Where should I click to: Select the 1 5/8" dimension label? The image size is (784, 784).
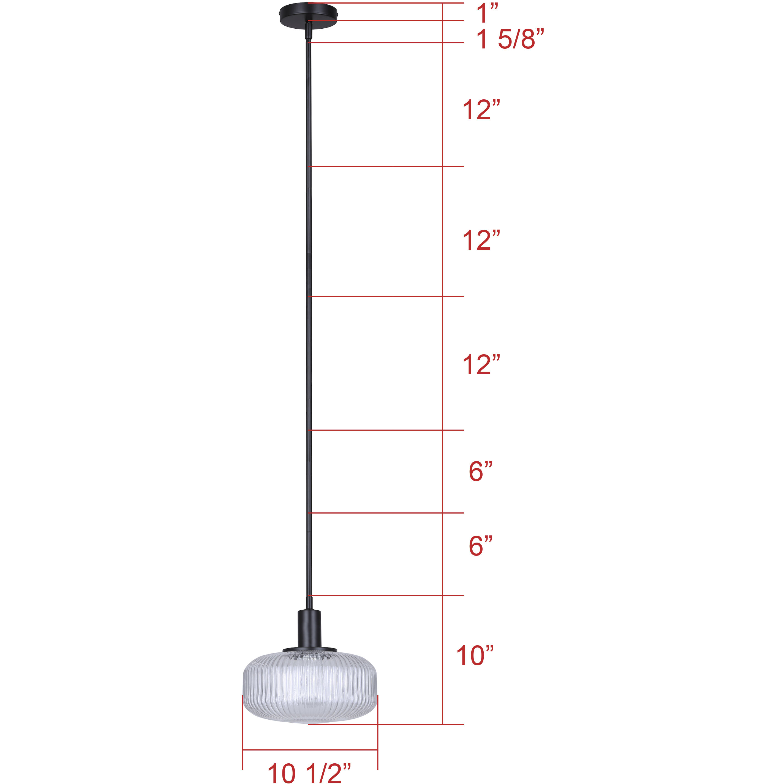pyautogui.click(x=509, y=40)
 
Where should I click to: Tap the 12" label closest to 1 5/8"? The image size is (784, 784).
pyautogui.click(x=481, y=110)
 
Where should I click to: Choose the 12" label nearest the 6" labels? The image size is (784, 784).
pyautogui.click(x=481, y=364)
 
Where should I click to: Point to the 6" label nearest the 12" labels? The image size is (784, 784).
pyautogui.click(x=480, y=472)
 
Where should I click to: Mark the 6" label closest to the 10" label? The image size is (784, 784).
pyautogui.click(x=480, y=546)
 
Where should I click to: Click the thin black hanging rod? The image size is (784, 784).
pyautogui.click(x=309, y=325)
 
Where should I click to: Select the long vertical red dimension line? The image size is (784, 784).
pyautogui.click(x=442, y=365)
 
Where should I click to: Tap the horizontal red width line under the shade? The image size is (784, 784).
pyautogui.click(x=310, y=750)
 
